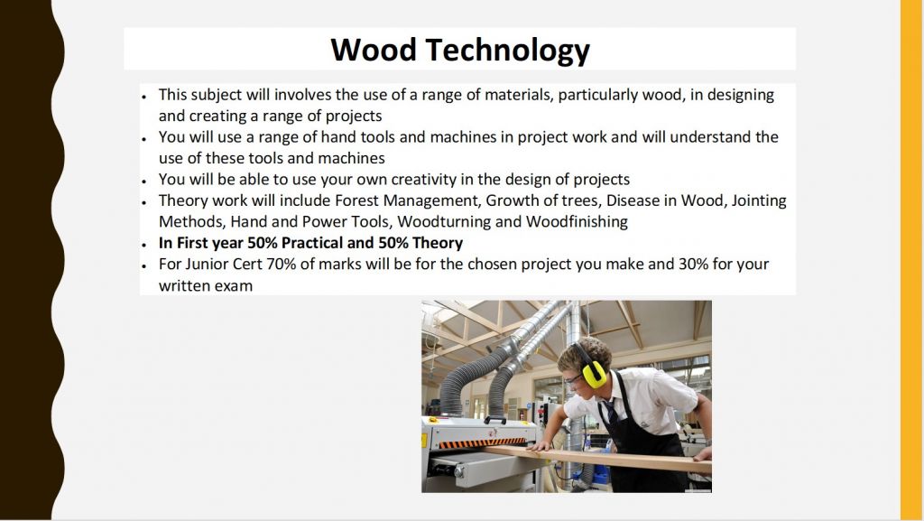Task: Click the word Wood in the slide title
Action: coord(374,50)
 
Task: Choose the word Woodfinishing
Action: coord(577,222)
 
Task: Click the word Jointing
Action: coord(759,201)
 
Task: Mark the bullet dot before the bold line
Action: coord(143,244)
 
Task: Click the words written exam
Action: coord(206,286)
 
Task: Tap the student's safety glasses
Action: coord(574,380)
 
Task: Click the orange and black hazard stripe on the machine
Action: coord(482,442)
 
